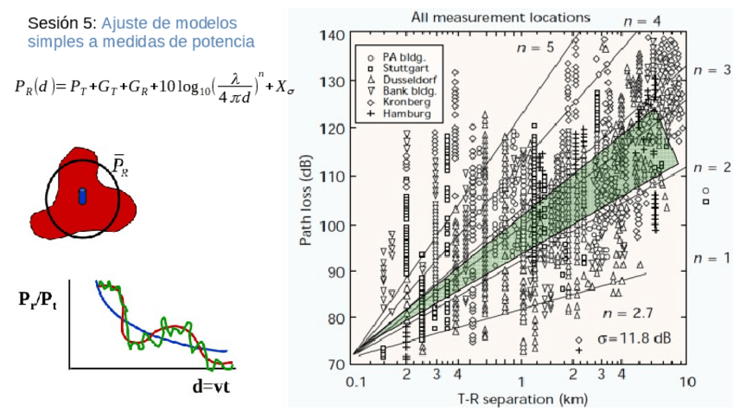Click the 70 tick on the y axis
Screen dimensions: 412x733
coord(336,364)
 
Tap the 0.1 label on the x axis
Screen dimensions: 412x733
coord(354,382)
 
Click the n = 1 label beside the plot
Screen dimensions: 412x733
coord(711,257)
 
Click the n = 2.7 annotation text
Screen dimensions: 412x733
coord(626,313)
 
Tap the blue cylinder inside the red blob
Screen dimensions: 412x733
coord(83,196)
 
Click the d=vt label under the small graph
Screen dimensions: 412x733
coord(213,385)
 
